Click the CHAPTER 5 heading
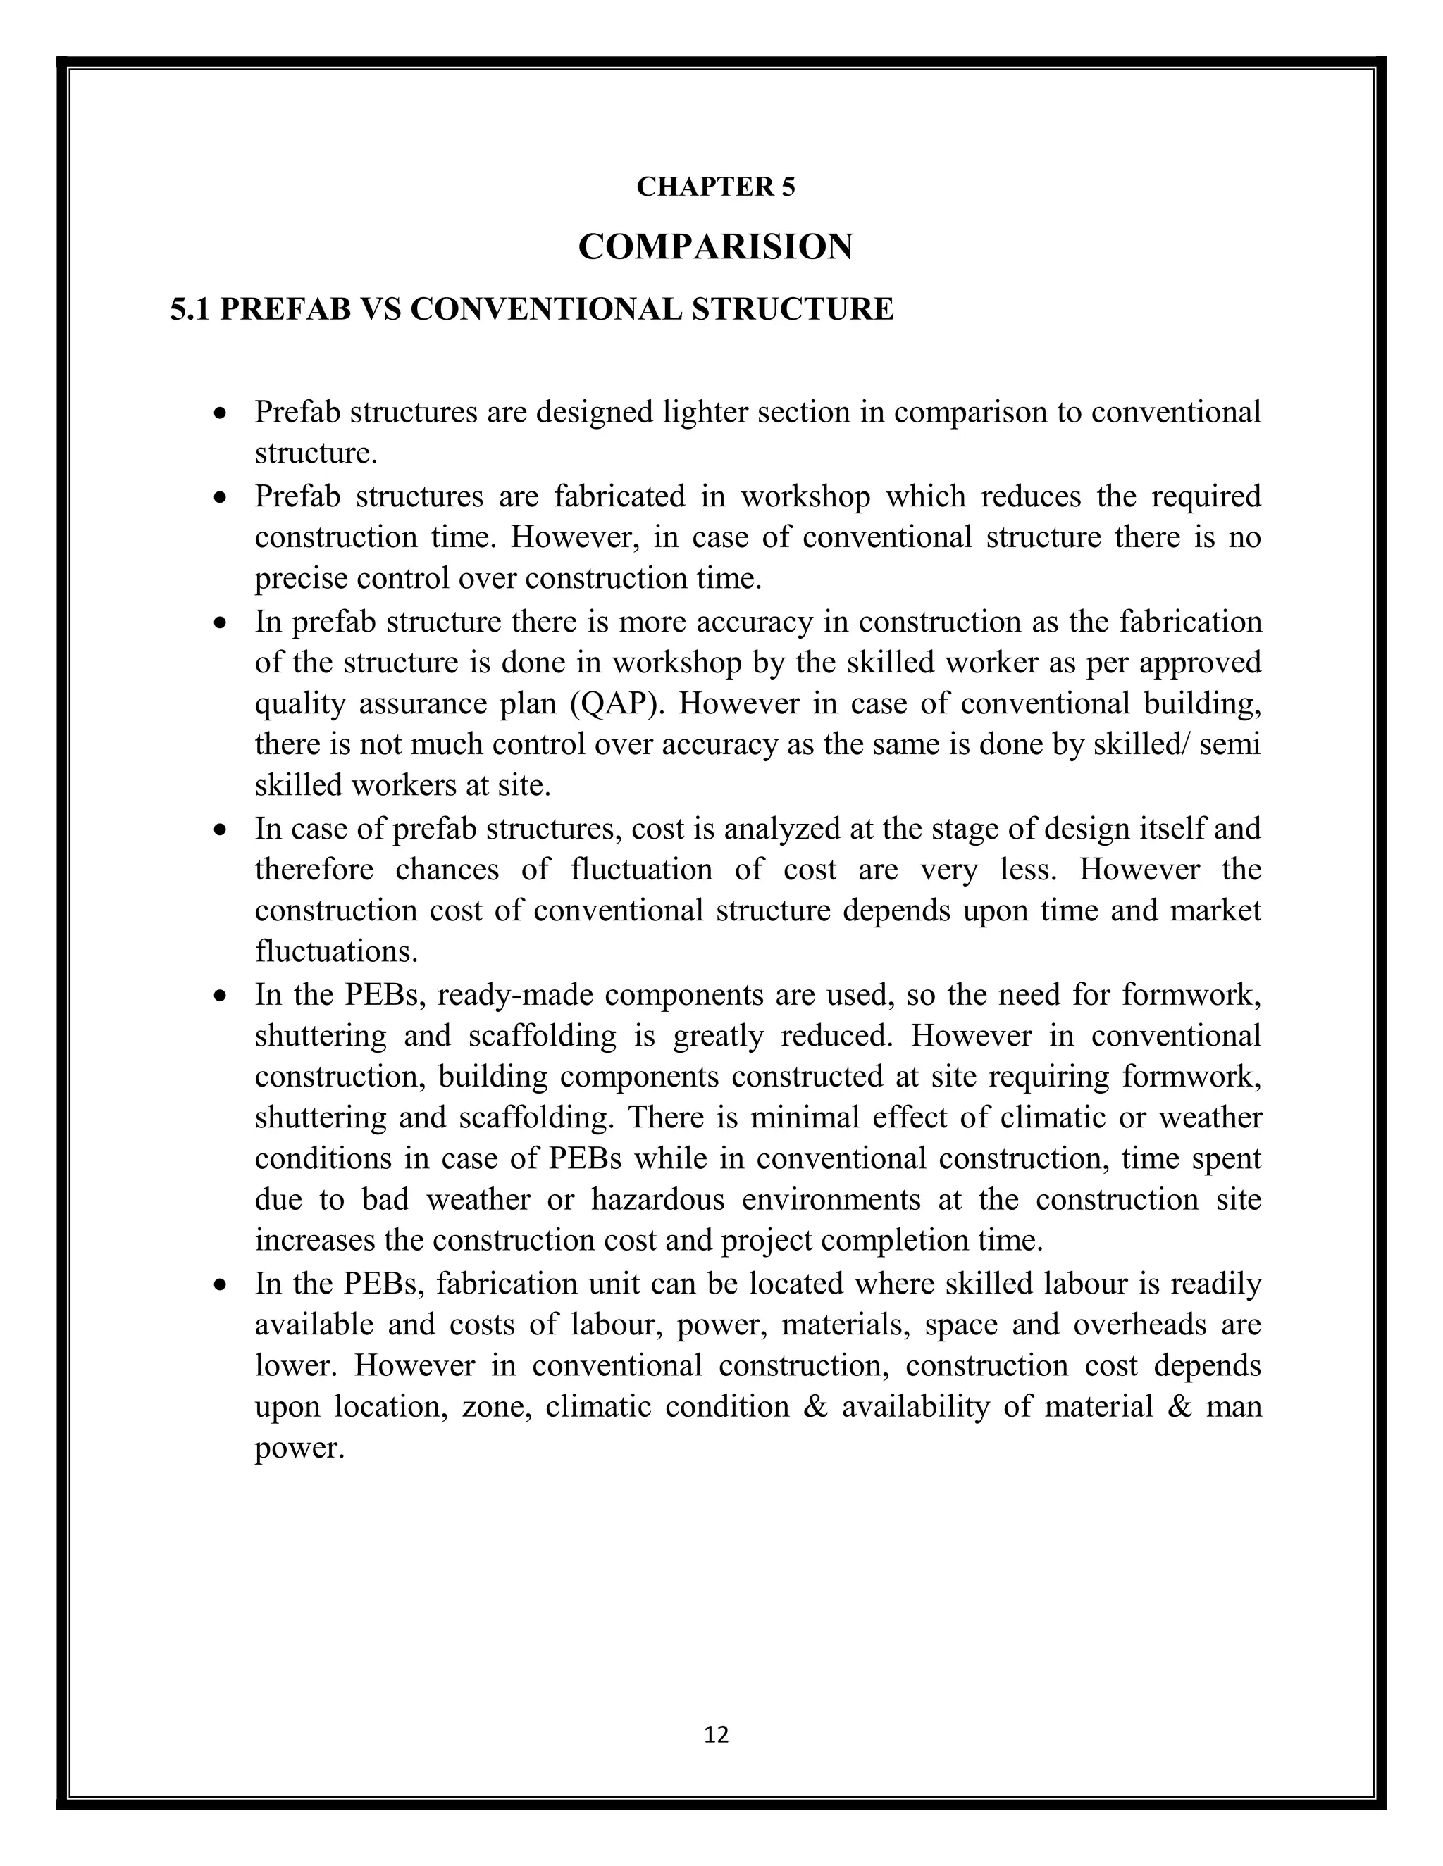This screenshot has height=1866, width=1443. (716, 187)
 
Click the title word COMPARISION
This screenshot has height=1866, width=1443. (716, 247)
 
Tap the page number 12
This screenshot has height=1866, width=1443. (716, 1734)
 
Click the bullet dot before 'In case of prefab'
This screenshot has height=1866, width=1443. (221, 829)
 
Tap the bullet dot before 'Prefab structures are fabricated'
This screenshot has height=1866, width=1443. (221, 497)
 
